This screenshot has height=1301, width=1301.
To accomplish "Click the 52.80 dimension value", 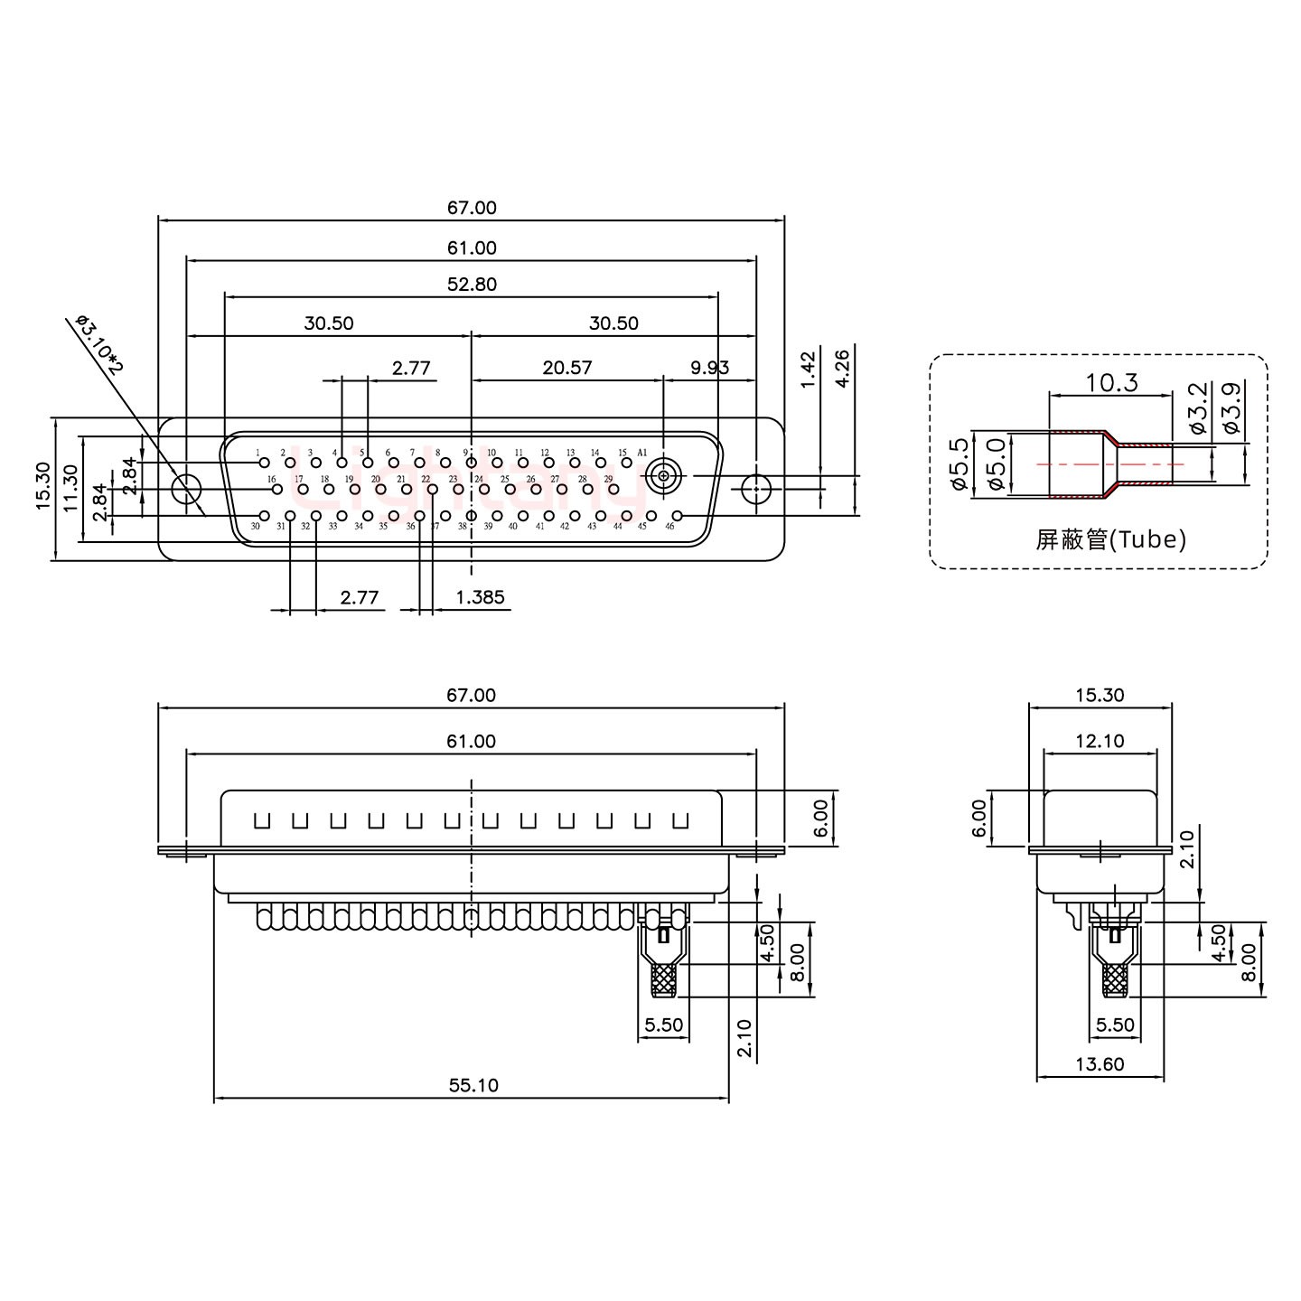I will point(471,284).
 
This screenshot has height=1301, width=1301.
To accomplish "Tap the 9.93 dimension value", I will point(709,368).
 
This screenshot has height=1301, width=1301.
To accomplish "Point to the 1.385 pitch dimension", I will point(480,597).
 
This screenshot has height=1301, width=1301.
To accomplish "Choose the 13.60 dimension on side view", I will point(1100,1064).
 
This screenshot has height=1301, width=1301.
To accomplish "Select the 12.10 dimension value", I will point(1100,741).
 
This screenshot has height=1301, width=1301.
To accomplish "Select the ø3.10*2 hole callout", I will point(99,344).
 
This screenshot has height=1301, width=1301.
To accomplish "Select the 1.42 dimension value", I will point(809,368).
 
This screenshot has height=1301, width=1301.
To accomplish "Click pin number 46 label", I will point(669,526).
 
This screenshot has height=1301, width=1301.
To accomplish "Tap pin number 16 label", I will point(270,479).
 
